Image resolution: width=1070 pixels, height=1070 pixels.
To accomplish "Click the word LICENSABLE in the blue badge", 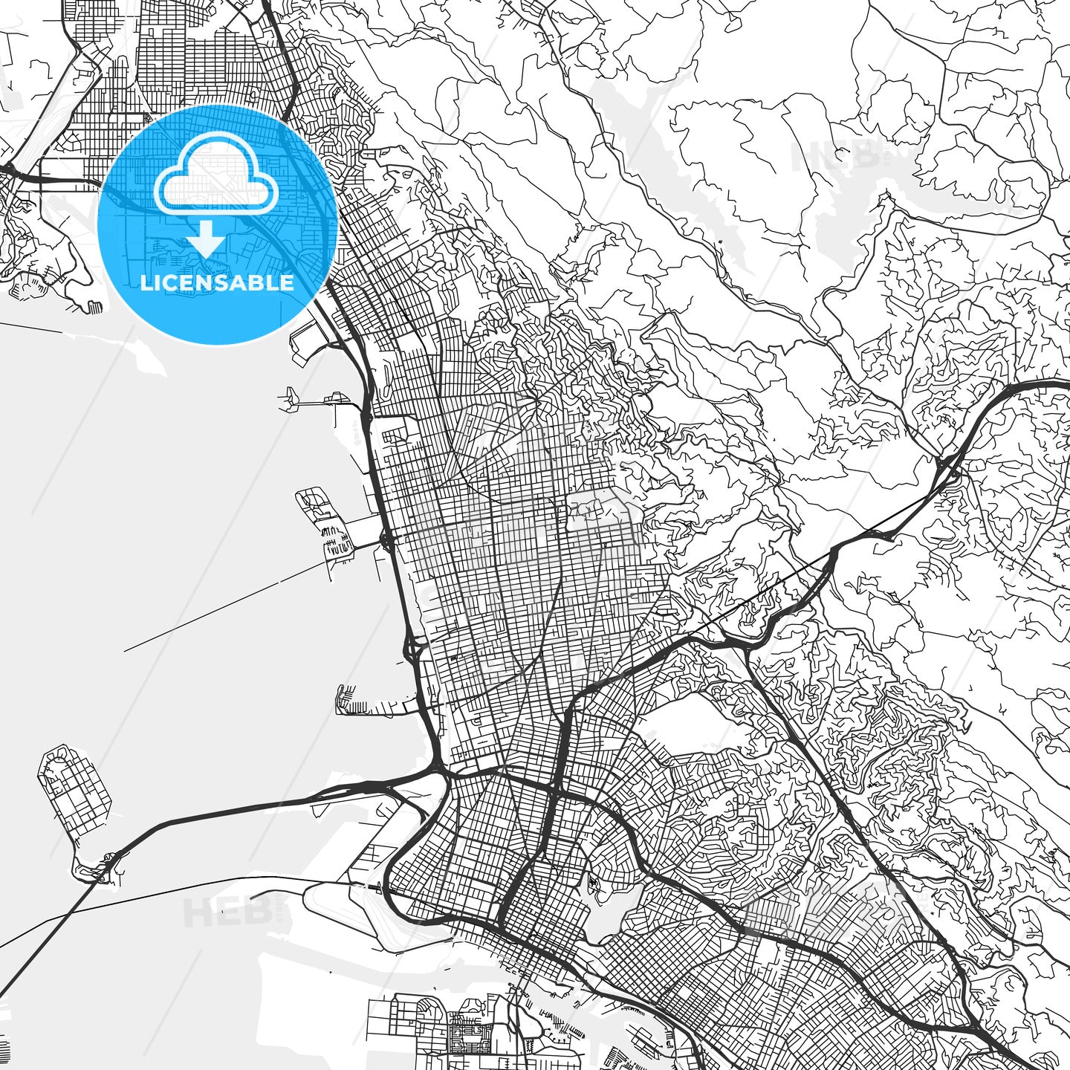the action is coord(216,282).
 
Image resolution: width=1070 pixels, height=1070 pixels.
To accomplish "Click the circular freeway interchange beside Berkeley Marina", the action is coord(386,540).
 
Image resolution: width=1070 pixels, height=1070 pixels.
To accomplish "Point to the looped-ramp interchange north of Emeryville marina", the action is coord(412,650).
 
